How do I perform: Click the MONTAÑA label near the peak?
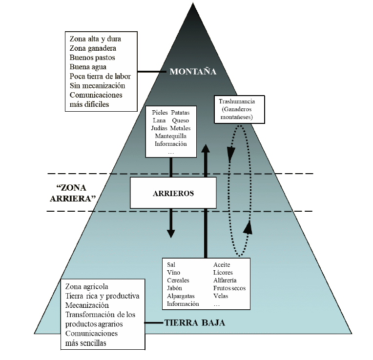click(x=193, y=72)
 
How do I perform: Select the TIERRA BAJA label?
click(x=195, y=322)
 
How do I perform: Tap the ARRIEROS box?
click(x=173, y=193)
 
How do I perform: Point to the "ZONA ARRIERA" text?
click(x=75, y=193)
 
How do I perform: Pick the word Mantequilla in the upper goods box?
click(x=170, y=136)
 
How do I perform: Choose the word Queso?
click(x=180, y=120)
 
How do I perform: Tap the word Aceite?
click(x=222, y=265)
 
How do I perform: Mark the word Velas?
click(x=221, y=296)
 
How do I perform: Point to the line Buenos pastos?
click(x=93, y=57)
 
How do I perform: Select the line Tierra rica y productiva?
click(x=102, y=296)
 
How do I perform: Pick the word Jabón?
click(x=175, y=288)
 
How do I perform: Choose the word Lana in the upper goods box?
click(x=159, y=120)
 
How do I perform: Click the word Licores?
click(x=223, y=273)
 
